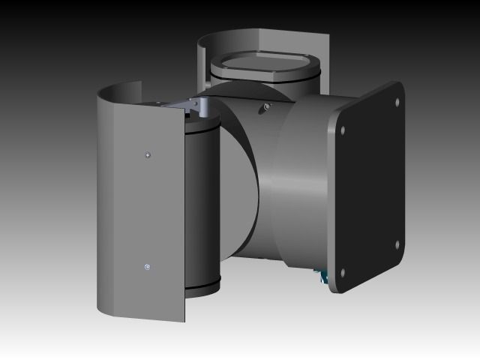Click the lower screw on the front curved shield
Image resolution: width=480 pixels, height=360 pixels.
148,266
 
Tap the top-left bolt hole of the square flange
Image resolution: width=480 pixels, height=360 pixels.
343,130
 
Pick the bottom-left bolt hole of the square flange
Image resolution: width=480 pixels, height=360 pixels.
343,273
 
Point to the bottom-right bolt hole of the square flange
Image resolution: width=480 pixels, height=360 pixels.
397,244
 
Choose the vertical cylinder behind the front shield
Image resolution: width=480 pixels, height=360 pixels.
201,202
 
